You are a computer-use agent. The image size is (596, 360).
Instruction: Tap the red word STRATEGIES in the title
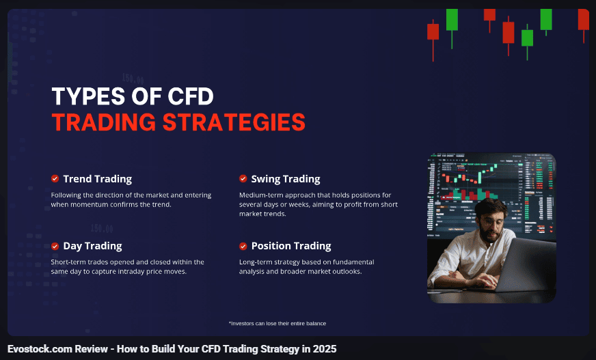point(234,122)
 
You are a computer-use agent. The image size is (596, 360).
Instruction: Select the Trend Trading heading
point(97,179)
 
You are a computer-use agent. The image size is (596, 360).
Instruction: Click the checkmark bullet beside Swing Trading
point(243,178)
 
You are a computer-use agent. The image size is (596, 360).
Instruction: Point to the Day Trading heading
point(92,246)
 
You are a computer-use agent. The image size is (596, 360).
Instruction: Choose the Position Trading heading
point(291,246)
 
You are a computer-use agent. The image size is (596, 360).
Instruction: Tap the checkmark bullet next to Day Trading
point(55,246)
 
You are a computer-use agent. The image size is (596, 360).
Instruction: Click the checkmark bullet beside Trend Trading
point(55,178)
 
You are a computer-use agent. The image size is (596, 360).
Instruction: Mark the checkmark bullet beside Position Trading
point(243,246)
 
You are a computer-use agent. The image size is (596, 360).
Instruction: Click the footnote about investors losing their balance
point(277,324)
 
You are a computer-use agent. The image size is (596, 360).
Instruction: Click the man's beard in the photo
point(489,232)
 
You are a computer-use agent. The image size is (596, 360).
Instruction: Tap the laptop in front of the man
point(524,266)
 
